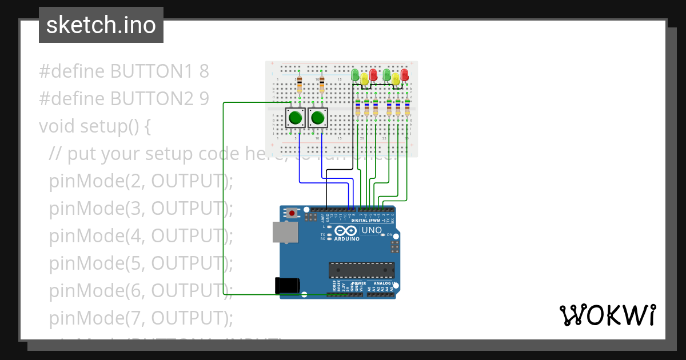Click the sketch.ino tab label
101,25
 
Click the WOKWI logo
607,315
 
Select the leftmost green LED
355,75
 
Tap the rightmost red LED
405,75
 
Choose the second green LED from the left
387,75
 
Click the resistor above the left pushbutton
299,86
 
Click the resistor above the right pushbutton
322,86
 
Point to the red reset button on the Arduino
293,213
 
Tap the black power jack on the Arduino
287,285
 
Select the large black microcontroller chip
361,270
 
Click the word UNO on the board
372,230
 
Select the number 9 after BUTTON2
204,99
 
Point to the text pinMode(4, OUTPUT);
141,235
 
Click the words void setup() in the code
94,126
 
